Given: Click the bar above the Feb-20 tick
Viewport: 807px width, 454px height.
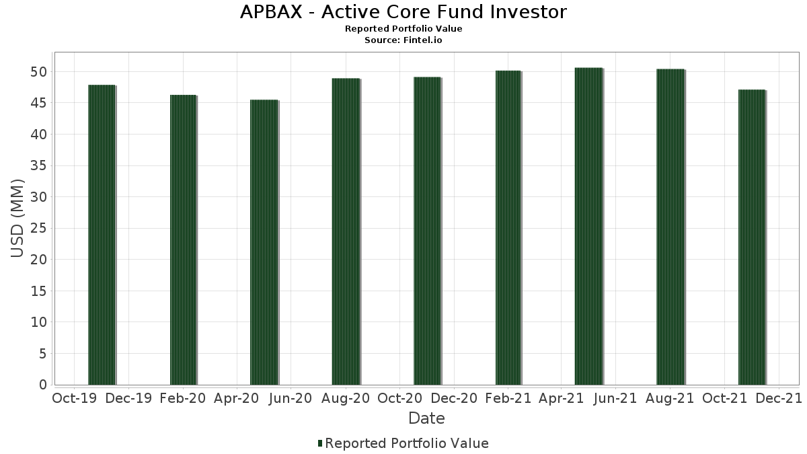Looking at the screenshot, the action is coord(184,240).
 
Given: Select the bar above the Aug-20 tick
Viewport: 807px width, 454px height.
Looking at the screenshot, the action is coord(346,231).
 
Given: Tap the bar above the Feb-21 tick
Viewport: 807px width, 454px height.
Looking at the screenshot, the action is coord(508,228).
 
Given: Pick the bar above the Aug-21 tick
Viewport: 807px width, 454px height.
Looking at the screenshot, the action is coord(670,227).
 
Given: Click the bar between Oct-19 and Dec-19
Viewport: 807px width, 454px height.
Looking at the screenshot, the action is coord(102,235).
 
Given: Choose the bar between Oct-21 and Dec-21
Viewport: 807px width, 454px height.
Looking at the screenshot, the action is coord(752,237).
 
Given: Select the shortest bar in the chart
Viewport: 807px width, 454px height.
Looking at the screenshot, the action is coord(264,242).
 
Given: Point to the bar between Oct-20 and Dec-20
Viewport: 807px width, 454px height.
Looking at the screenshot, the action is coord(427,231).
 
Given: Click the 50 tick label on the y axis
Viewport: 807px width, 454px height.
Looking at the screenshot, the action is coord(38,72).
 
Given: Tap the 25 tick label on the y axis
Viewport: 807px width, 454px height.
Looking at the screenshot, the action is coord(38,228).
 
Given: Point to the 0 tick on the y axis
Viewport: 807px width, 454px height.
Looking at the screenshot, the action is coord(43,385).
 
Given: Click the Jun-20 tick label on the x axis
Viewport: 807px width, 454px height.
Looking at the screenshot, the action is coord(291,398).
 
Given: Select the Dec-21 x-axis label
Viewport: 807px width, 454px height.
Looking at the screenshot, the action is coord(779,398).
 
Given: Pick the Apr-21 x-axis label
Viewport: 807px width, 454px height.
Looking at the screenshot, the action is coord(561,398).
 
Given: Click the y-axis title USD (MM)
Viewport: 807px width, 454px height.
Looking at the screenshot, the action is coord(17,219).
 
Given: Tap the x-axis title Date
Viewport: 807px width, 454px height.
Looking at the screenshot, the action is coord(426,418).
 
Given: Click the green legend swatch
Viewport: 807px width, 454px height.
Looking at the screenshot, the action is coord(320,443).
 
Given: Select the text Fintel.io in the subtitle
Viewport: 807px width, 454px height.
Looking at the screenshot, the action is coord(422,40).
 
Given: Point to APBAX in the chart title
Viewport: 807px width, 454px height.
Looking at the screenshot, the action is coord(271,12).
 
